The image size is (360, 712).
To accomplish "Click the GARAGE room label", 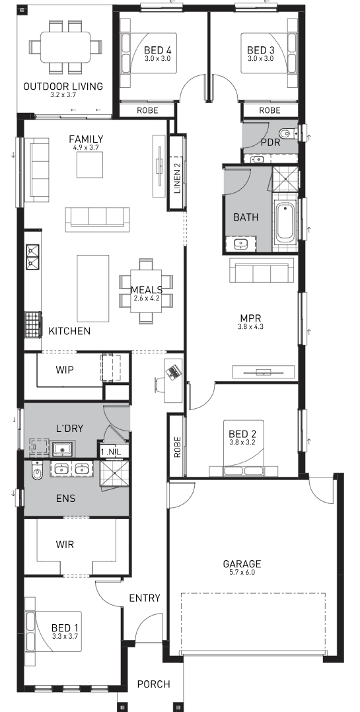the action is tap(242, 564).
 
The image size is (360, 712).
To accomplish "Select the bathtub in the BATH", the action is tap(285, 223).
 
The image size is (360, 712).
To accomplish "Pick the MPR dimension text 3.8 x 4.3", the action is tap(250, 326).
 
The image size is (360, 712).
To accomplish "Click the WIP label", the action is tap(65, 370).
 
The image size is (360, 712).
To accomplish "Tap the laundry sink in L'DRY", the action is tap(62, 448).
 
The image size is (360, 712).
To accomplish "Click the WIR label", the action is tap(65, 544).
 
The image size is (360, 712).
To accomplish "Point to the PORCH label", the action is tap(154, 684).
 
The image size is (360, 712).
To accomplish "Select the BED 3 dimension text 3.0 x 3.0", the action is tap(260, 59).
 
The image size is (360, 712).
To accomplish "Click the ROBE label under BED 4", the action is tap(147, 110).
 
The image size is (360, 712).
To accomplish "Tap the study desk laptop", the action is tap(173, 371).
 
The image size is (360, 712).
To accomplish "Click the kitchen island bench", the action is tap(92, 288).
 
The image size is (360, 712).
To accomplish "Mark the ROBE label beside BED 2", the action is tap(178, 446).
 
